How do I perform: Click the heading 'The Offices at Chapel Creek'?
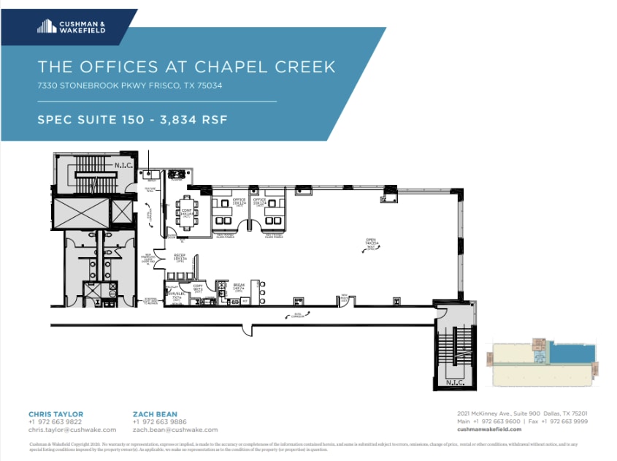[186, 67]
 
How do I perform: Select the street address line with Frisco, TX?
[129, 85]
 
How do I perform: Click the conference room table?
[188, 212]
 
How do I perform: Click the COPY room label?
[196, 287]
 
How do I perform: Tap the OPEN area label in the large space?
[372, 241]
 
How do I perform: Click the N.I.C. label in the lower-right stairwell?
[453, 381]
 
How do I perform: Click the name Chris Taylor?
[55, 414]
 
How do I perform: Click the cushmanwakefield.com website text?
[491, 430]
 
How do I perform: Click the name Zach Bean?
[155, 414]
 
